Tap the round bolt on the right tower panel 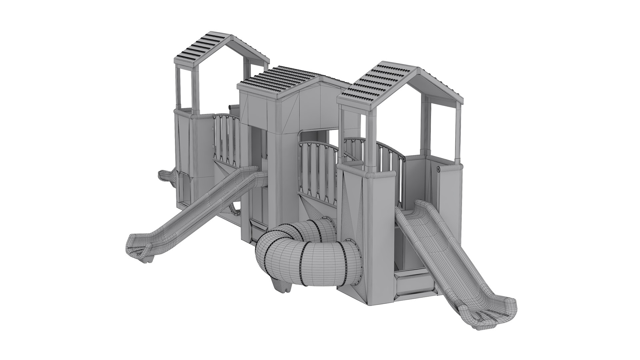coord(438,169)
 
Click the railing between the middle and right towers coord(318,167)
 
